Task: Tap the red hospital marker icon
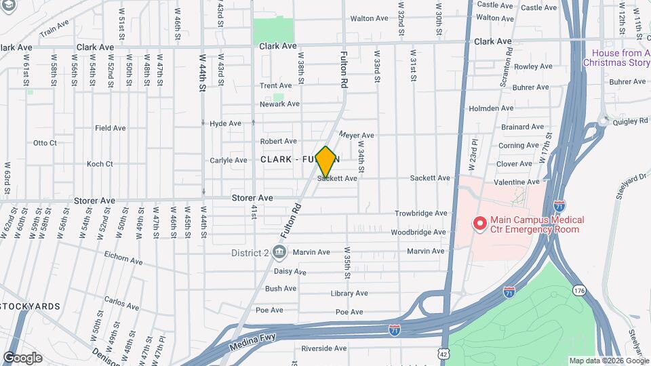480,222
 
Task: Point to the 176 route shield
578,290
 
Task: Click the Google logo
22,358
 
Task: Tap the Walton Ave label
369,19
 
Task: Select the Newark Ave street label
279,104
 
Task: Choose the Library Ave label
349,293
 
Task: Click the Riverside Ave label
324,348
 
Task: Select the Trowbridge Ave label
422,213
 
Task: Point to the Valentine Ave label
517,182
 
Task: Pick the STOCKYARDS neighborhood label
31,306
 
